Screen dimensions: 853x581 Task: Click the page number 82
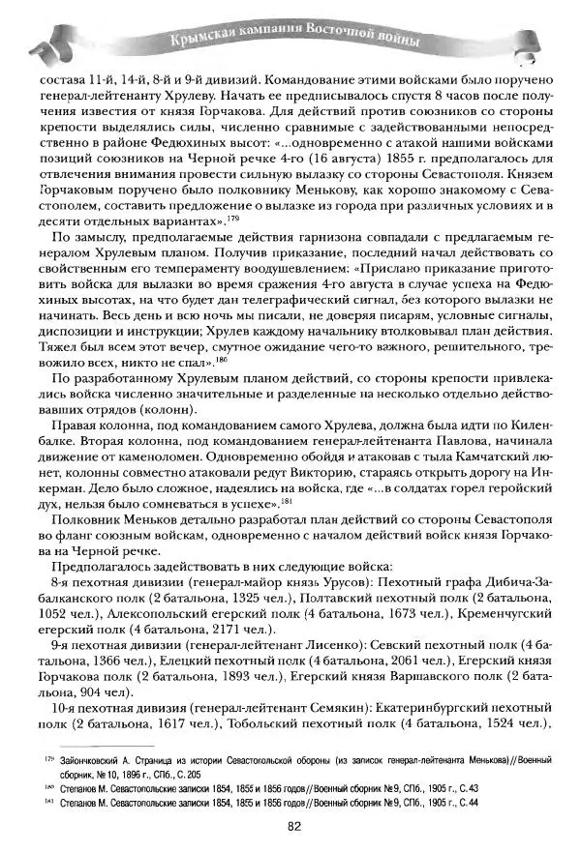coord(291,824)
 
